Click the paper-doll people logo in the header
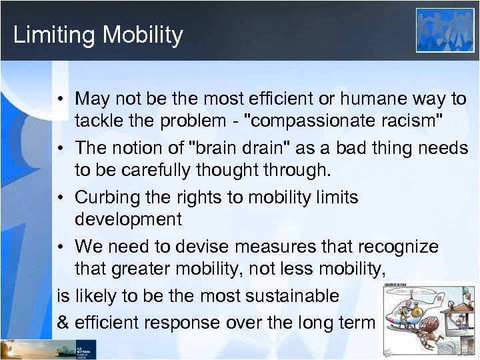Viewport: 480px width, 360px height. [x=445, y=30]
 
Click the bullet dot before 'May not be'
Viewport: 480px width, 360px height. [x=61, y=99]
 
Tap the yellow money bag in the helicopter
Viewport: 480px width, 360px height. [x=417, y=310]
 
